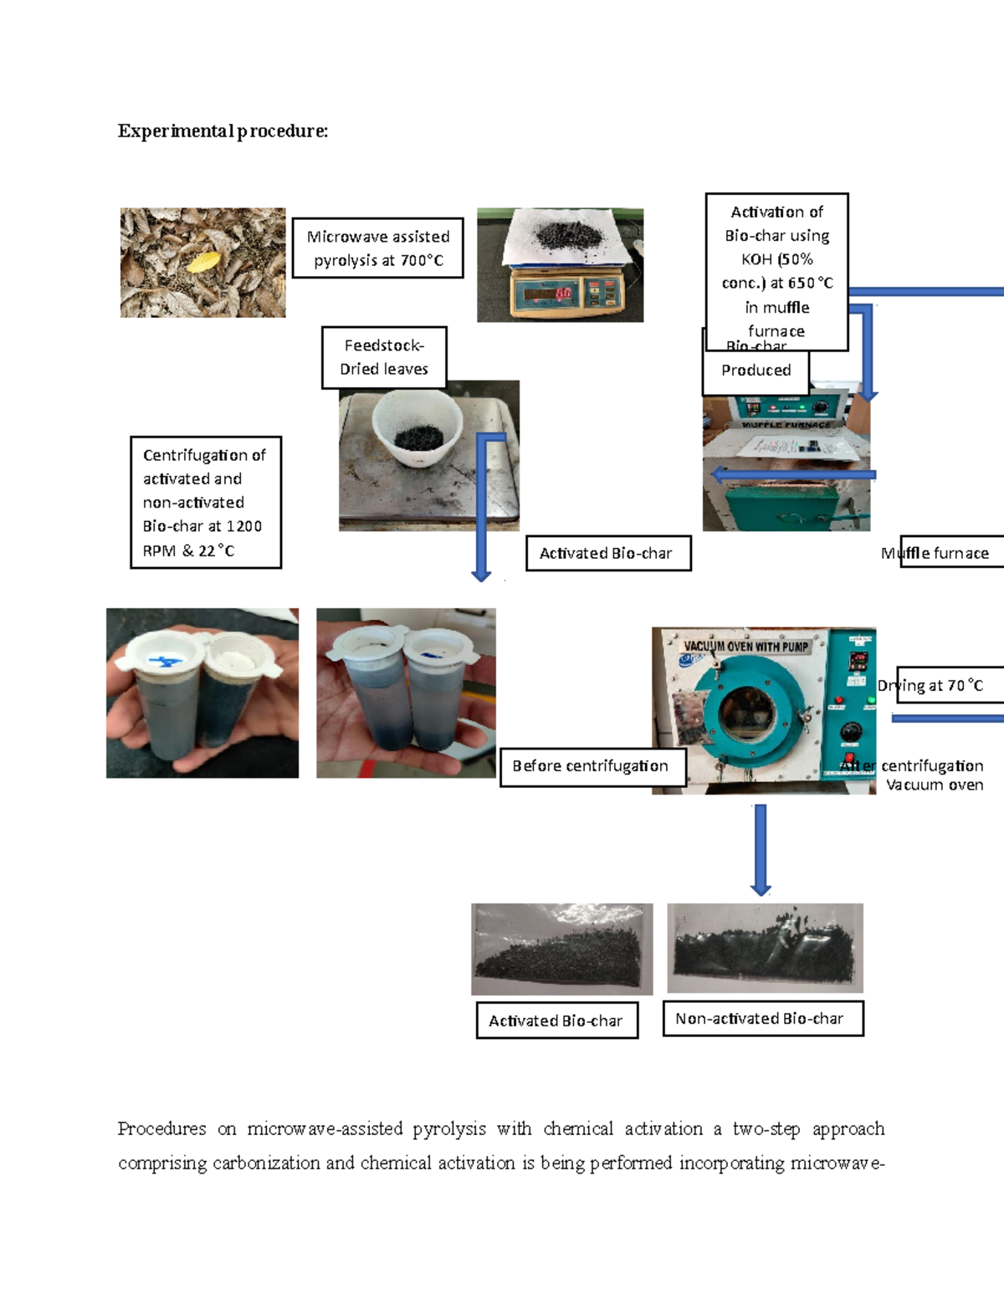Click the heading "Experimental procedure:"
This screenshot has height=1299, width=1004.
pyautogui.click(x=223, y=131)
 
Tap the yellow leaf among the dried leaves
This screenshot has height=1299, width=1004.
pyautogui.click(x=202, y=262)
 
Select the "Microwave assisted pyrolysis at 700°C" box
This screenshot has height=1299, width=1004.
pyautogui.click(x=377, y=248)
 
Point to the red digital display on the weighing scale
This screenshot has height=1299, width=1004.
pyautogui.click(x=562, y=294)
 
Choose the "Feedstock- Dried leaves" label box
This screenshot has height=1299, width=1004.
pyautogui.click(x=384, y=357)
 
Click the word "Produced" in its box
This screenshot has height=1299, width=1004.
pyautogui.click(x=756, y=371)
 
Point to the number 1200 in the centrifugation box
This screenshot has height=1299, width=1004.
pyautogui.click(x=244, y=526)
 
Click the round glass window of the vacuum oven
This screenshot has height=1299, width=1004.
pyautogui.click(x=747, y=714)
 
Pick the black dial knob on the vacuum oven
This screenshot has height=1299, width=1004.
pyautogui.click(x=850, y=732)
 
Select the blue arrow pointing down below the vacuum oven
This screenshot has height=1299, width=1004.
pyautogui.click(x=760, y=849)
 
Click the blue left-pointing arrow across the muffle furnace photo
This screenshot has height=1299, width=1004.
pyautogui.click(x=791, y=475)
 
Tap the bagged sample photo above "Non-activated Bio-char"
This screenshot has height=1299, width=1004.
pyautogui.click(x=765, y=948)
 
